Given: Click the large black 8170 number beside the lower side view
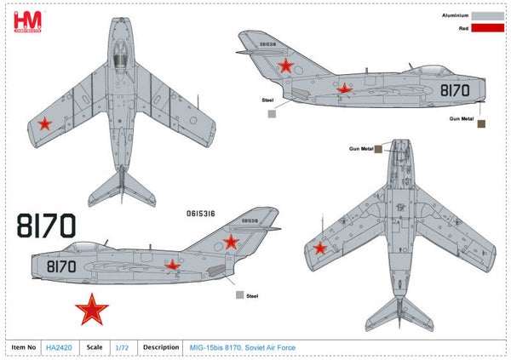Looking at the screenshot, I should (46, 226).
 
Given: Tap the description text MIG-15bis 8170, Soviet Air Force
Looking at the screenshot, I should (240, 347).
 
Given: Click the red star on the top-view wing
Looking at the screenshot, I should (45, 126).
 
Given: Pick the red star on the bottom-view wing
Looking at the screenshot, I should (320, 248).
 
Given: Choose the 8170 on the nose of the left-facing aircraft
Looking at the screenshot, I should (61, 266).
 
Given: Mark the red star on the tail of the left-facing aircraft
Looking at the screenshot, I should (230, 241).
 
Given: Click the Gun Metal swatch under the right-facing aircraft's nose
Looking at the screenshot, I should (481, 123).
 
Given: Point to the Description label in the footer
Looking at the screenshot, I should (160, 347).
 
